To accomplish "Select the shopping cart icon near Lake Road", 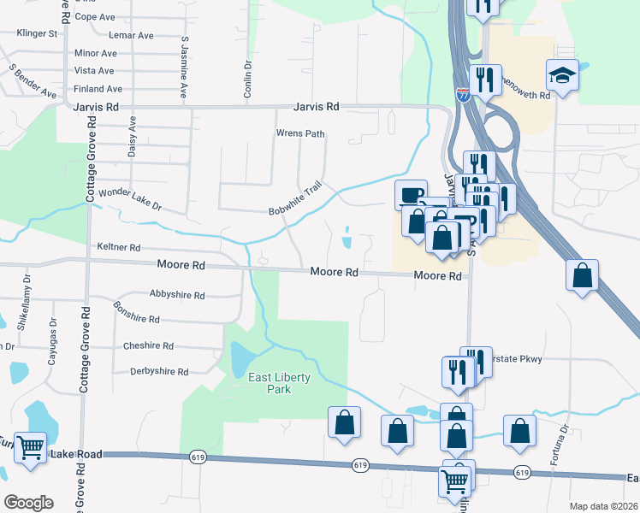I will tap(31, 447).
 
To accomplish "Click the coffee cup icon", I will tap(410, 194).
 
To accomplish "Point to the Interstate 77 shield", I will tap(463, 93).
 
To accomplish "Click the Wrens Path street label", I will tap(299, 133).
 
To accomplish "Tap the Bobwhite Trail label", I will tap(294, 198).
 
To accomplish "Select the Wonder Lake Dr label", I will tap(130, 200).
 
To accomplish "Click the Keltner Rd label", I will tap(119, 247).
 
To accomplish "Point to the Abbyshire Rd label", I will tap(177, 295).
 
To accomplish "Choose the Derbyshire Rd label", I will tap(158, 371).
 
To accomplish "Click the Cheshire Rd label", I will tap(148, 346).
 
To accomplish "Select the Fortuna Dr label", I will tap(565, 445).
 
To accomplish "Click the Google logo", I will tap(28, 502).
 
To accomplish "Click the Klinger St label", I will tap(37, 34).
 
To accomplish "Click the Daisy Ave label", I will tap(133, 138).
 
